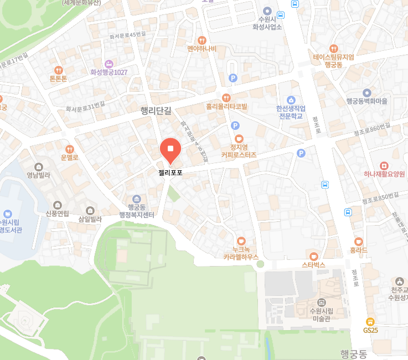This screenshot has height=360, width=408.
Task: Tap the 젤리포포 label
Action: pos(171,173)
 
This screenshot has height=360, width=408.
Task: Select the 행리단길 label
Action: pos(157,111)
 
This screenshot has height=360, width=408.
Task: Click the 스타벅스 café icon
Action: pos(314,256)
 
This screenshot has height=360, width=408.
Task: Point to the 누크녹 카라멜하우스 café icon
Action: pos(241,241)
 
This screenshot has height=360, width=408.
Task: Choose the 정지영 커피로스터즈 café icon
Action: pos(239,138)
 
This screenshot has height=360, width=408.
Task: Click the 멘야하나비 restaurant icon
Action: pos(202,40)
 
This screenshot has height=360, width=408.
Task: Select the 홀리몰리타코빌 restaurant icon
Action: pos(226,97)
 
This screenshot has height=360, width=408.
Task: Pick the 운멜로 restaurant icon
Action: pos(70,149)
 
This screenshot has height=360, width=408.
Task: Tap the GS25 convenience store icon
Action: pos(370,321)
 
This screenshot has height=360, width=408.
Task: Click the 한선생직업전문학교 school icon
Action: pos(291,100)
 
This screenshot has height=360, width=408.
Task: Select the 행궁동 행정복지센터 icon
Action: pos(137,199)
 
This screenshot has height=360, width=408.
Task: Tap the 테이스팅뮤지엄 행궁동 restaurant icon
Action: pos(333,49)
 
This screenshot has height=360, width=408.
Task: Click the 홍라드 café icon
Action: pos(359,241)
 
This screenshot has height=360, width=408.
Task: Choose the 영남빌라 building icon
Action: pos(38,167)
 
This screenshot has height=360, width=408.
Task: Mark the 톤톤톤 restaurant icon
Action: pos(58,70)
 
